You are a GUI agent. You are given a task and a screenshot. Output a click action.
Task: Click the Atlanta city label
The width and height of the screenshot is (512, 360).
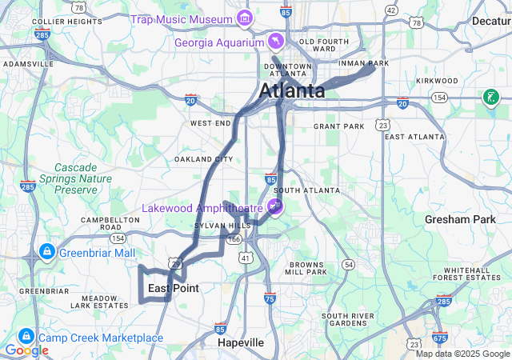tap(291, 90)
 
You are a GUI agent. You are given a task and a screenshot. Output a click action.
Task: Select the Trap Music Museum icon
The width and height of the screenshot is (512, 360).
tap(244, 18)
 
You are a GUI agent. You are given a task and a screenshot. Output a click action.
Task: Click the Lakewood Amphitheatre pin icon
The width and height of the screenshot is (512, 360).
tap(275, 208)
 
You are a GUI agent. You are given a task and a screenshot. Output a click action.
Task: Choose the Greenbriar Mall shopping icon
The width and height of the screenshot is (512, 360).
tap(46, 253)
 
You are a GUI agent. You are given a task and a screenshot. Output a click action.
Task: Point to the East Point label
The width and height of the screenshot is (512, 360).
tap(173, 288)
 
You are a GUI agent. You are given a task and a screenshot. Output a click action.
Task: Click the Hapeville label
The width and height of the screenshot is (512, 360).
tap(241, 342)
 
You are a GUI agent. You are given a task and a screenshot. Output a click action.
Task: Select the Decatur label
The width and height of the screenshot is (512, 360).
tap(490, 21)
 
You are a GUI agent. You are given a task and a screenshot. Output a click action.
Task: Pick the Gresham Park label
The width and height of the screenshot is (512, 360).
tap(460, 218)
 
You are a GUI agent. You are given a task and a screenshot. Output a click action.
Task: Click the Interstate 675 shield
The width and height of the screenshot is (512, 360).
tap(438, 338)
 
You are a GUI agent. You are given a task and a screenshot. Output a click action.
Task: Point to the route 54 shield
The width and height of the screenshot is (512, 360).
tap(347, 264)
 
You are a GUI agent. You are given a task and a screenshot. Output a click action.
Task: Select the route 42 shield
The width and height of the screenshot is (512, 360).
tap(390, 10)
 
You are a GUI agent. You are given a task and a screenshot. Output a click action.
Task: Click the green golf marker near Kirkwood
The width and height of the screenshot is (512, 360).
tap(489, 98)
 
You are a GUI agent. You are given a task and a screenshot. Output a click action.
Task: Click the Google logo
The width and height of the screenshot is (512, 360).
tap(26, 350)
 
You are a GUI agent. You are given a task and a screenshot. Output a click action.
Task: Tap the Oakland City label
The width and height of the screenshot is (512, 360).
tap(204, 159)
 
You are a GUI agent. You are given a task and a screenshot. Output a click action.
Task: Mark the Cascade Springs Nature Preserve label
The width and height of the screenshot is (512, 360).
tap(75, 178)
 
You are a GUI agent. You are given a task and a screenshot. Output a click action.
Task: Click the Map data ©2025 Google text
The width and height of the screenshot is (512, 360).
tap(462, 354)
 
